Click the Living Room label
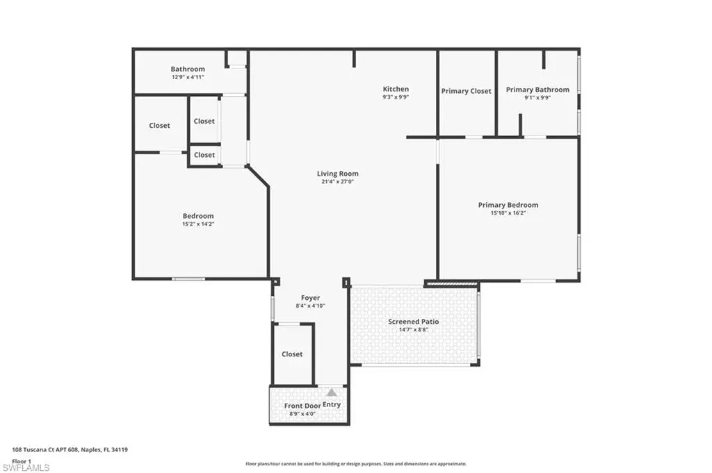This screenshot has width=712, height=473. pyautogui.click(x=337, y=173)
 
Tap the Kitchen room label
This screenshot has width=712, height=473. pyautogui.click(x=396, y=89)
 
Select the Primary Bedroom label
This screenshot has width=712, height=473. pyautogui.click(x=508, y=205)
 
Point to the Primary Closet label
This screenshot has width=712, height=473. pyautogui.click(x=467, y=91)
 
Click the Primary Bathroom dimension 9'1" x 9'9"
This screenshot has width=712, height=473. pyautogui.click(x=537, y=97)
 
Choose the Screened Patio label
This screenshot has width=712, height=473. pyautogui.click(x=413, y=322)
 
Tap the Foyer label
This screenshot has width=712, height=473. pyautogui.click(x=311, y=298)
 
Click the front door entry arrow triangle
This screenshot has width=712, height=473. pyautogui.click(x=332, y=392)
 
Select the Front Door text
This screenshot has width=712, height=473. pyautogui.click(x=302, y=406)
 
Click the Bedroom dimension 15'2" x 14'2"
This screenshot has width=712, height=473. pyautogui.click(x=198, y=224)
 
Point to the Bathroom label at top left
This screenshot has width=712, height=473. pyautogui.click(x=188, y=69)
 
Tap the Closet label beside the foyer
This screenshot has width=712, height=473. pyautogui.click(x=292, y=354)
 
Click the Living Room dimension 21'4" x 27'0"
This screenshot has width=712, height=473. pyautogui.click(x=337, y=181)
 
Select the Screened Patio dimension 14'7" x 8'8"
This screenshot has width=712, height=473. pyautogui.click(x=413, y=330)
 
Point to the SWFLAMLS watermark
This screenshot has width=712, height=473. pyautogui.click(x=26, y=467)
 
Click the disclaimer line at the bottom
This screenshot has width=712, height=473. pyautogui.click(x=356, y=464)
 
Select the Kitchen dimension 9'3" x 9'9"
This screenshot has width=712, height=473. pyautogui.click(x=396, y=97)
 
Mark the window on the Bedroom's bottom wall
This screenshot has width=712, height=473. pyautogui.click(x=188, y=279)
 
